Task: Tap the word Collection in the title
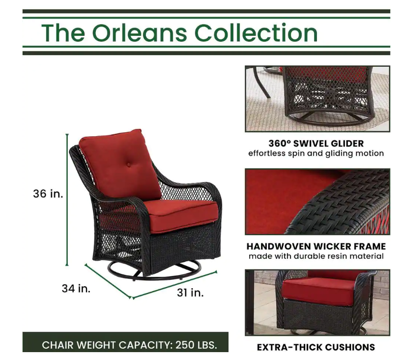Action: (x=256, y=33)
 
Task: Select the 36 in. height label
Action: (x=48, y=194)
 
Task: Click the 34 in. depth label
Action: (x=76, y=288)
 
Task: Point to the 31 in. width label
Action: (x=190, y=293)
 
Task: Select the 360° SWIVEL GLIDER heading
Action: (x=316, y=144)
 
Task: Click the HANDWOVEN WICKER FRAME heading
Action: (x=316, y=246)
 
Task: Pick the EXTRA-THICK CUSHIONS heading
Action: (x=316, y=347)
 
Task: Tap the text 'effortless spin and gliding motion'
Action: (x=316, y=153)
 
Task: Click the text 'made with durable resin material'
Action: (x=316, y=256)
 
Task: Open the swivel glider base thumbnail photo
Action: (x=317, y=99)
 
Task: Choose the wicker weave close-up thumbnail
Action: (x=317, y=202)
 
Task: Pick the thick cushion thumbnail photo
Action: (x=317, y=302)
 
